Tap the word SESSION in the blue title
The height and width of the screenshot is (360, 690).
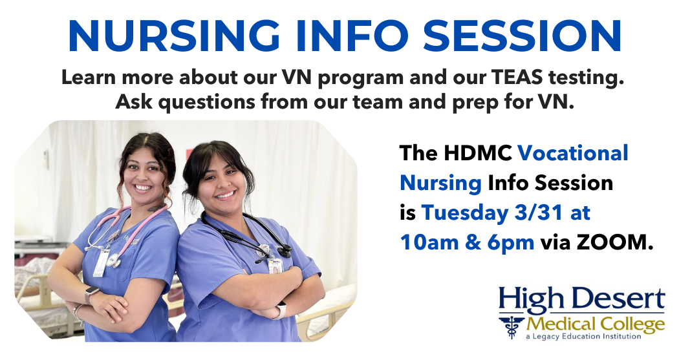click(x=522, y=36)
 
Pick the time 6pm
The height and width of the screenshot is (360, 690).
click(x=511, y=242)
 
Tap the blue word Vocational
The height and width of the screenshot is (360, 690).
click(x=573, y=153)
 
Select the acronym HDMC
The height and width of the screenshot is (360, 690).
click(x=477, y=153)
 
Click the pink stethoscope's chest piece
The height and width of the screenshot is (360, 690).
click(x=114, y=261)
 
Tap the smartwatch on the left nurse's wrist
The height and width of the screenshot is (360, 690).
click(x=92, y=293)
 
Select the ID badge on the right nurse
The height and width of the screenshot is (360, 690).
click(x=275, y=266)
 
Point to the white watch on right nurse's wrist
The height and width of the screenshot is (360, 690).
click(x=280, y=310)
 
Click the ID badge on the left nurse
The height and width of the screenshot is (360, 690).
click(x=101, y=262)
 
